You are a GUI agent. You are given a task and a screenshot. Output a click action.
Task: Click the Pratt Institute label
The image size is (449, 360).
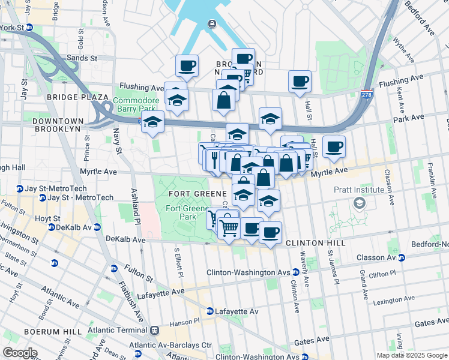click(359, 190)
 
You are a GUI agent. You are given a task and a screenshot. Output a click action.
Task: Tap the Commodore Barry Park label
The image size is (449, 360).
click(136, 104)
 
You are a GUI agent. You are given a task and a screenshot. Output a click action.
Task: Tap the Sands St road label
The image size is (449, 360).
click(82, 58)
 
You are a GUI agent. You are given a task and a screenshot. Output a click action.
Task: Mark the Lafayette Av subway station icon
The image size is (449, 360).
click(210, 311)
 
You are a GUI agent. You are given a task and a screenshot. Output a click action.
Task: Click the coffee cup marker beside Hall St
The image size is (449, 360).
click(300, 82)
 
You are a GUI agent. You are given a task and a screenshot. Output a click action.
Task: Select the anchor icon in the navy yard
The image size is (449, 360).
click(211, 23)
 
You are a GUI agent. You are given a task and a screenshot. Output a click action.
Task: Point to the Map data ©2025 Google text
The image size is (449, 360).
click(411, 355)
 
